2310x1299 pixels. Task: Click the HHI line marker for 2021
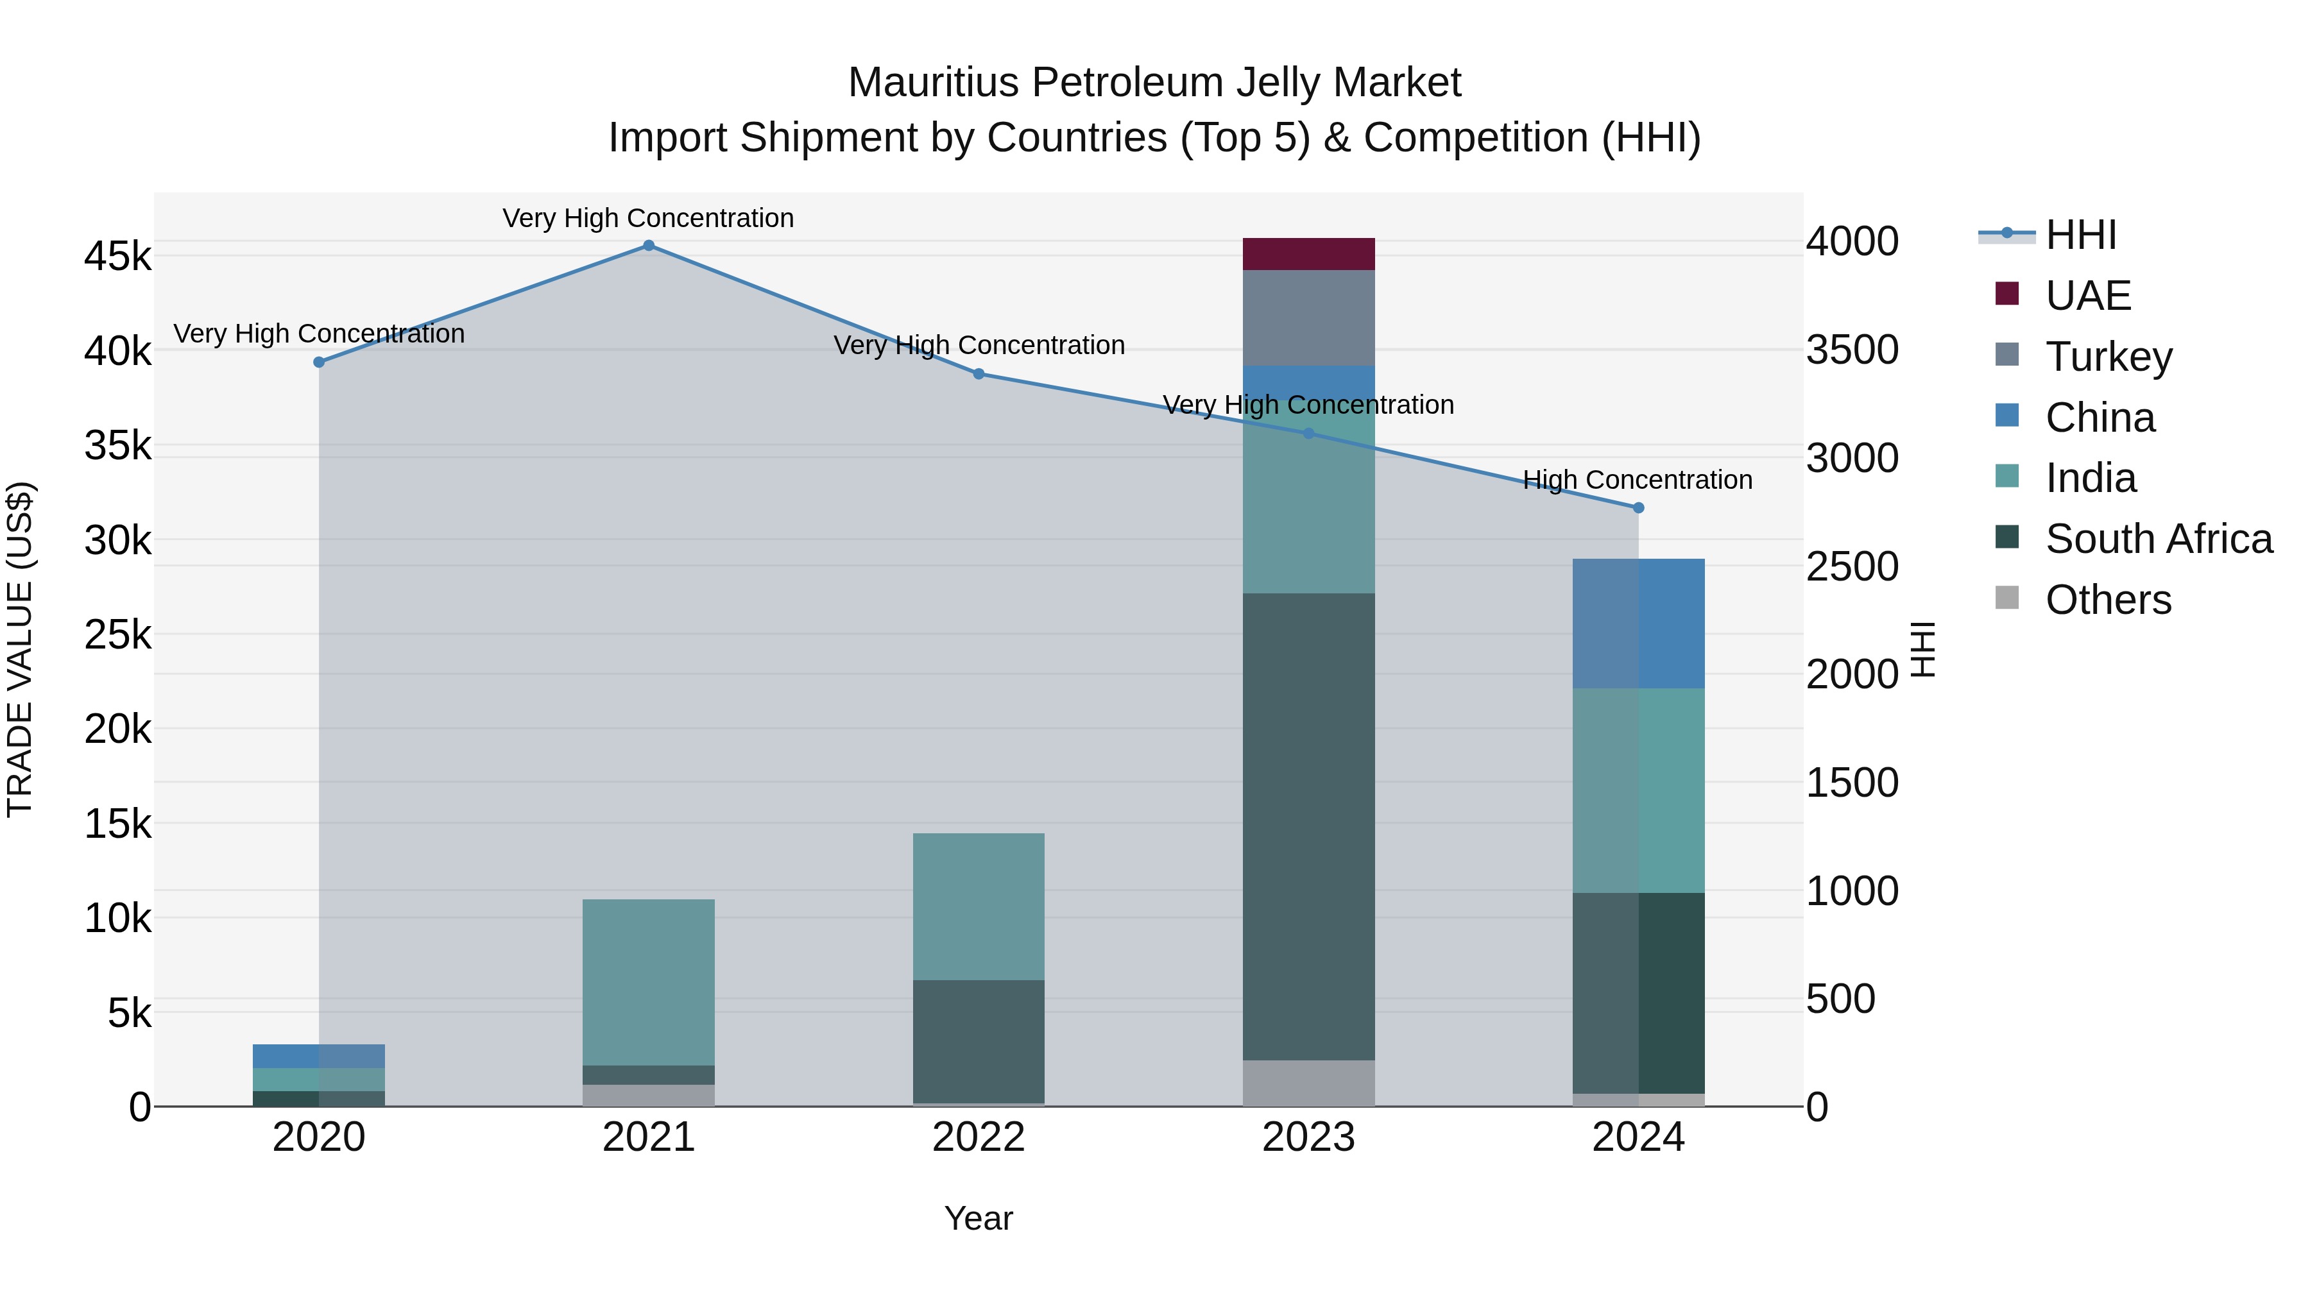click(648, 246)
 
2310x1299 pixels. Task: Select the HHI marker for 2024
click(1638, 507)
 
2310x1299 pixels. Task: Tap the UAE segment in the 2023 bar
click(1308, 253)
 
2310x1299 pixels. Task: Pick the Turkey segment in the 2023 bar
click(1308, 318)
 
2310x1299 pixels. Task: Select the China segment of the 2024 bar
click(1638, 623)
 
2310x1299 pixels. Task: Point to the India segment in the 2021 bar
click(648, 981)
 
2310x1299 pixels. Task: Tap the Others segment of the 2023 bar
click(1308, 1083)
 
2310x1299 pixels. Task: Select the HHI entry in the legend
click(2080, 235)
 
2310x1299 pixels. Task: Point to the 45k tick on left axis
click(117, 257)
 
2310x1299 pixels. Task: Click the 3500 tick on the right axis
click(1852, 350)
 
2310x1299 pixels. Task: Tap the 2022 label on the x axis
click(979, 1137)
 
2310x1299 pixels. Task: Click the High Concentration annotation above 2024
click(1638, 480)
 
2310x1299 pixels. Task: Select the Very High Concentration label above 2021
click(647, 218)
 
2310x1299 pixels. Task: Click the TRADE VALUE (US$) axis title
click(20, 649)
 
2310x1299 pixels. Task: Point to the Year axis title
click(979, 1218)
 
